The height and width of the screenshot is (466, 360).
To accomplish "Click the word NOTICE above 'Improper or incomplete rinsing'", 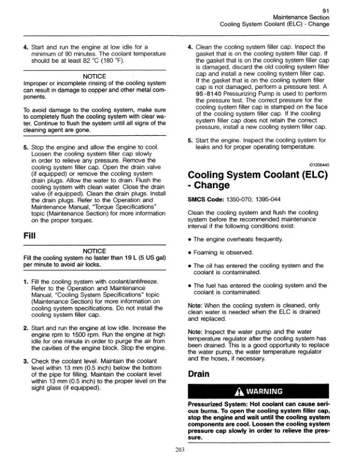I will (x=94, y=76).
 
